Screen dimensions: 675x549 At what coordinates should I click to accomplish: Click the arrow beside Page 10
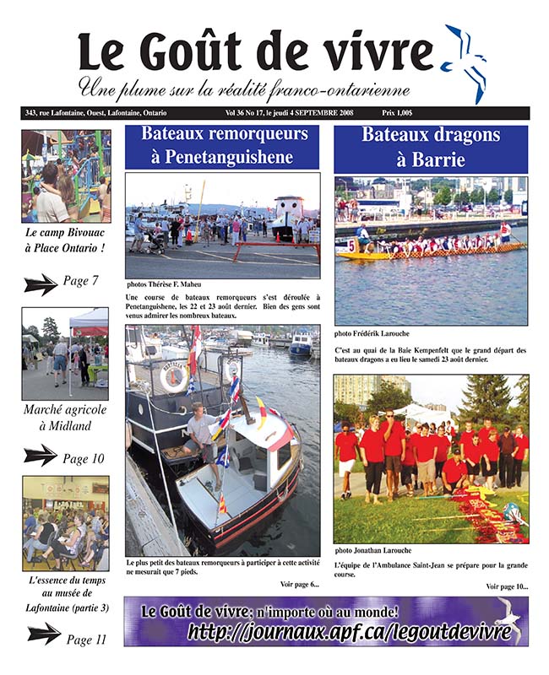point(41,456)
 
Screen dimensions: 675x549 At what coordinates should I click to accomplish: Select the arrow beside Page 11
point(44,632)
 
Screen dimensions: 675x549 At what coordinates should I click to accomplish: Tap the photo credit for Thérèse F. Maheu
point(166,285)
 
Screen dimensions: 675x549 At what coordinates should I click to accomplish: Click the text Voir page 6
point(299,584)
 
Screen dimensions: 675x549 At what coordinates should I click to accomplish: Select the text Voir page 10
point(507,586)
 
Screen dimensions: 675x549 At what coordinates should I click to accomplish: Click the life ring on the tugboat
point(174,377)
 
